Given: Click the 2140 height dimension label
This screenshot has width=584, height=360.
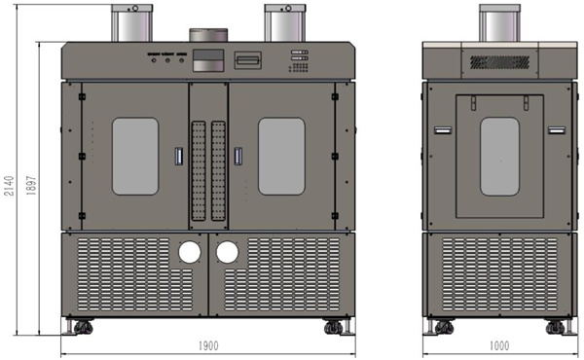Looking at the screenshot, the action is point(9,186).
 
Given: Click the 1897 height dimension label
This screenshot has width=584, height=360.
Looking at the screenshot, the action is point(31,186).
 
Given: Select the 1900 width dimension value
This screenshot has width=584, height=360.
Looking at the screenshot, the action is point(208,345).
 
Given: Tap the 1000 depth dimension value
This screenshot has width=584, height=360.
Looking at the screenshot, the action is point(499,345).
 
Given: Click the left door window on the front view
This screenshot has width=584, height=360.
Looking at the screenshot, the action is point(135,157).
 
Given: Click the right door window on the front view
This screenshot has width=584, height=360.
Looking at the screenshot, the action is point(281,157).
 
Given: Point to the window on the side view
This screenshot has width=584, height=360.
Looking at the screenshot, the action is point(499,157).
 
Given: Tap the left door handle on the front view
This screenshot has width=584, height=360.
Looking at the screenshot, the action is point(179,156).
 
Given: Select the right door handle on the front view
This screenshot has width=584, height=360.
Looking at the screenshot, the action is point(238,156).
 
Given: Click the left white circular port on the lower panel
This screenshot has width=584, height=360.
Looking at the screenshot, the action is point(190,252).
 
